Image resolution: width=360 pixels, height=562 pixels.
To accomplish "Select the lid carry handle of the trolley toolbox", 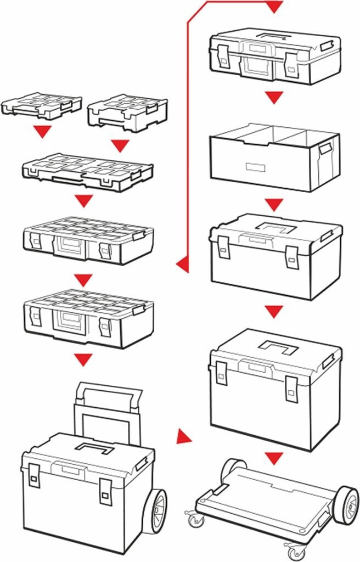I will click(x=94, y=447).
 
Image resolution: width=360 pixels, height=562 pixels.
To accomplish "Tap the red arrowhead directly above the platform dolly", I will click(x=274, y=457).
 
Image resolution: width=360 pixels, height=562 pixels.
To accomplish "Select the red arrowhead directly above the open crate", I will click(x=274, y=99).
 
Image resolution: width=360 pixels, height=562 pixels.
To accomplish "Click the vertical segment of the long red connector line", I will click(x=188, y=137).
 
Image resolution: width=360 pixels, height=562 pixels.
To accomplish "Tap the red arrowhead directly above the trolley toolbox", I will click(x=83, y=359).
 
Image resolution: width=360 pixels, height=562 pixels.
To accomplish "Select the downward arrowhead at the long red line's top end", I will click(x=274, y=7).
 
